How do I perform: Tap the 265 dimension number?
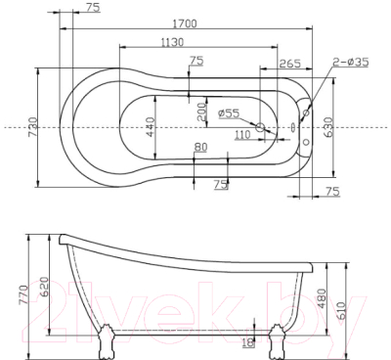coord(288,64)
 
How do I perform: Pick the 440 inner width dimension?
coord(149,127)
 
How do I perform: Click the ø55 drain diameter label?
coord(229,112)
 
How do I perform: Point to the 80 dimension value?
coord(200,148)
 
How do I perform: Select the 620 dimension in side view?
coord(43,288)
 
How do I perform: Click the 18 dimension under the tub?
coord(246,341)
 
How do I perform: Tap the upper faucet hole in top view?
coord(310,111)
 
